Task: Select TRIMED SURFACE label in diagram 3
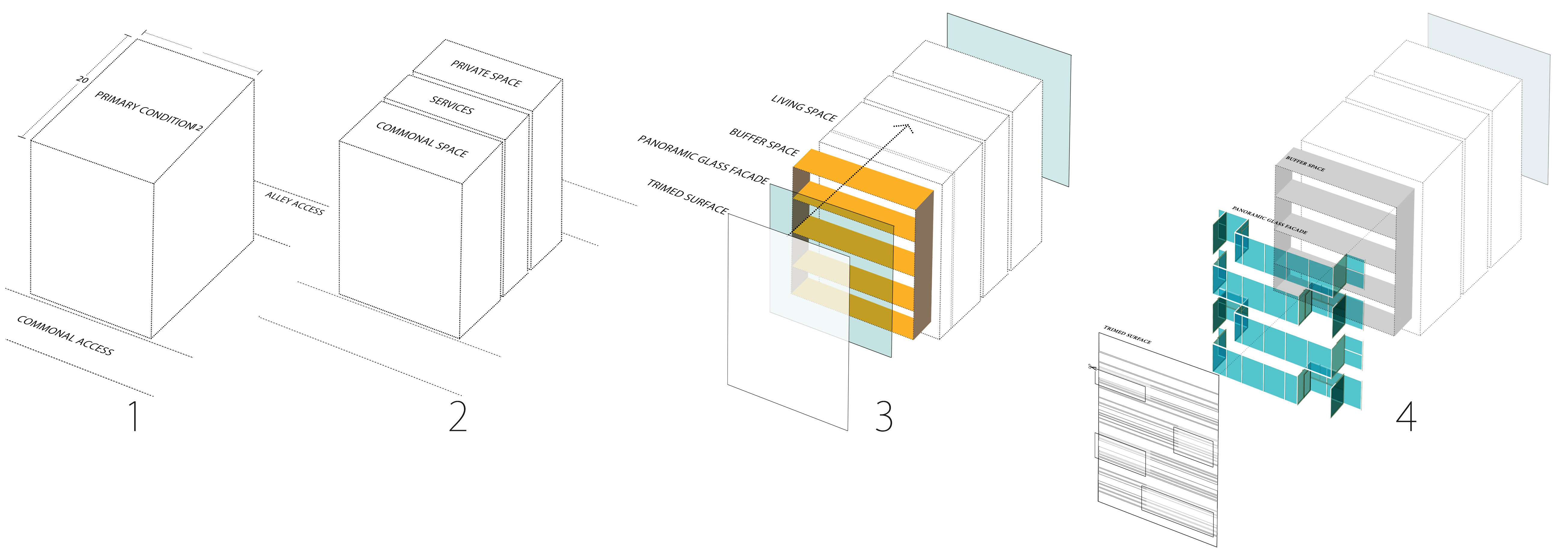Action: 687,196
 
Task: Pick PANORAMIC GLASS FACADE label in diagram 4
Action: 1269,220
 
